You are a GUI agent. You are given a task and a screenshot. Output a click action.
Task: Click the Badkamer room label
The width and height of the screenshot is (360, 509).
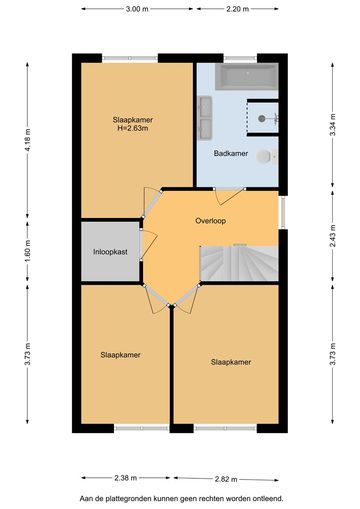[x=231, y=154]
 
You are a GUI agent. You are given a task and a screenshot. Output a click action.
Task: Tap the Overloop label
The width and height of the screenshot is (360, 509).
[x=211, y=221]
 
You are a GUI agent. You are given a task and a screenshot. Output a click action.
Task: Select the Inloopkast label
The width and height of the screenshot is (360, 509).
[x=110, y=252]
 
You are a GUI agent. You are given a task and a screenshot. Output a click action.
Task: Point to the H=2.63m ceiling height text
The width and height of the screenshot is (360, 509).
[x=133, y=128]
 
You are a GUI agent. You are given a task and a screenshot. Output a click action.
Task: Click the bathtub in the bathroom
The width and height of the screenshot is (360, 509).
[x=246, y=77]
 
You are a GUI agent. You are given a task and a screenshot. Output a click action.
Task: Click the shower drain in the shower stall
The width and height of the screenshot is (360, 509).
[x=262, y=118]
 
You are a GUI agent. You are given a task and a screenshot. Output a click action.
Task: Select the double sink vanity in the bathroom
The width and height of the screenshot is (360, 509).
[x=205, y=117]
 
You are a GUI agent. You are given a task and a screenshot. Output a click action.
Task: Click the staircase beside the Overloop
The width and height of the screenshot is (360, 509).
[x=239, y=263]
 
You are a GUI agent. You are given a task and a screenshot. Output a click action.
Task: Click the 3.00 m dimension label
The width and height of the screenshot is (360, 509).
[x=137, y=9]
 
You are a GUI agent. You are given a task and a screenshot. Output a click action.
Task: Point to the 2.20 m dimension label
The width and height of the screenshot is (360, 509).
[x=238, y=9]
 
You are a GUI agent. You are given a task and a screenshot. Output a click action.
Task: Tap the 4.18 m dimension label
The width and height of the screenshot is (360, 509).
[x=27, y=140]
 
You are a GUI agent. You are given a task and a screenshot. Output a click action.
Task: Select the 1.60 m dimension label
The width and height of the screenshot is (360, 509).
[x=27, y=251]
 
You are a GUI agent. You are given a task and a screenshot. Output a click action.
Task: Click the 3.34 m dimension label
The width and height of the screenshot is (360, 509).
[x=332, y=125]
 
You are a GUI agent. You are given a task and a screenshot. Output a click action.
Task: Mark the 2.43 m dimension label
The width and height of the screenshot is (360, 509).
[x=332, y=236]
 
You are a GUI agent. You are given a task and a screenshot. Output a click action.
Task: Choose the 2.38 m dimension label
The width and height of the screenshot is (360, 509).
[x=126, y=478]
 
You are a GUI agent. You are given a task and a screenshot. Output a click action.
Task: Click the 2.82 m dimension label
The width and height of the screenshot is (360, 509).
[x=226, y=479]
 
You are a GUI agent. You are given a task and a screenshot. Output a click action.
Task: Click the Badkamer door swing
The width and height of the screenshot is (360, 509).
[x=228, y=198]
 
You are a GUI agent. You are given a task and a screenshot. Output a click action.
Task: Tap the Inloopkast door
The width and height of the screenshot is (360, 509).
[x=148, y=246]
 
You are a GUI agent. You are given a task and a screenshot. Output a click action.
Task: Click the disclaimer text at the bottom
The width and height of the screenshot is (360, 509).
[x=181, y=499]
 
